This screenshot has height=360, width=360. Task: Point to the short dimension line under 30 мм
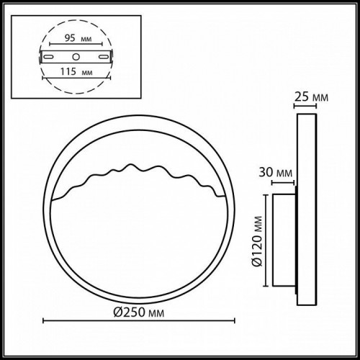[x=282, y=182]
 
